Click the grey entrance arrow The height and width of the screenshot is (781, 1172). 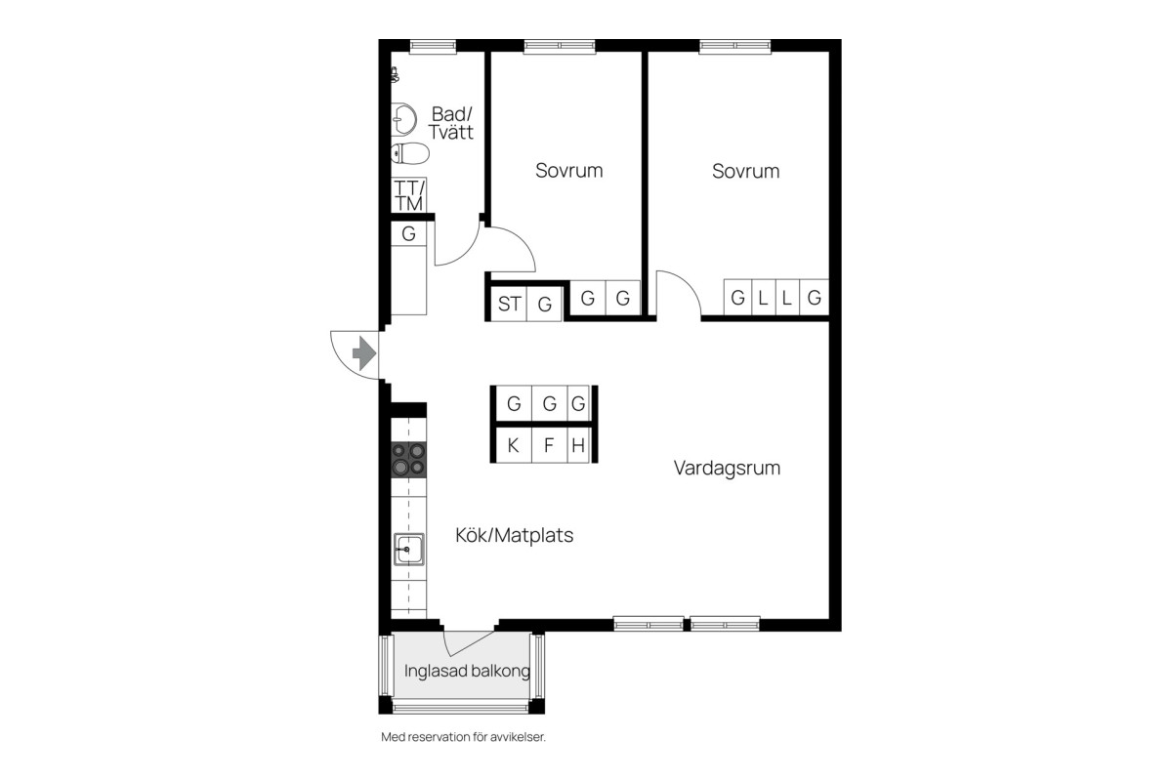[x=364, y=353]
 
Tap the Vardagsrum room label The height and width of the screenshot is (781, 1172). [x=727, y=469]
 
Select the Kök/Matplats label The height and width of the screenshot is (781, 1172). [x=515, y=535]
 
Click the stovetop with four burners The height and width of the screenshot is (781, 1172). [x=408, y=460]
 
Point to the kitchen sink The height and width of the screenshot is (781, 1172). [x=408, y=550]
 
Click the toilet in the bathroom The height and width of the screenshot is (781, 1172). [x=410, y=153]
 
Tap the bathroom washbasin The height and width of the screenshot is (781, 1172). [x=403, y=119]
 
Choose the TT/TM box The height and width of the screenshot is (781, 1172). [x=408, y=195]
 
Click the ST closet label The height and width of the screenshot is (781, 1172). [x=509, y=304]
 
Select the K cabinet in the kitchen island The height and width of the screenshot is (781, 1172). [x=514, y=445]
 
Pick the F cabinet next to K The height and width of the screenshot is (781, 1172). [x=549, y=445]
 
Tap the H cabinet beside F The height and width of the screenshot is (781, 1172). [x=578, y=445]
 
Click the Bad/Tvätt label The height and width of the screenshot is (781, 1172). [x=451, y=123]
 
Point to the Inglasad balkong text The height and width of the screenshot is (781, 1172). [x=467, y=671]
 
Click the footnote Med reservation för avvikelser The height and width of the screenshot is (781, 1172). [x=463, y=737]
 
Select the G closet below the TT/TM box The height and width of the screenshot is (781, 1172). [x=408, y=233]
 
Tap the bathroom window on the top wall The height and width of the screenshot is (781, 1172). [x=433, y=47]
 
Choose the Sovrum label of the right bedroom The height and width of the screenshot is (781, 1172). [x=745, y=171]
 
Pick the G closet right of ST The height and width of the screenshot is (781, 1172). [x=545, y=304]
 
